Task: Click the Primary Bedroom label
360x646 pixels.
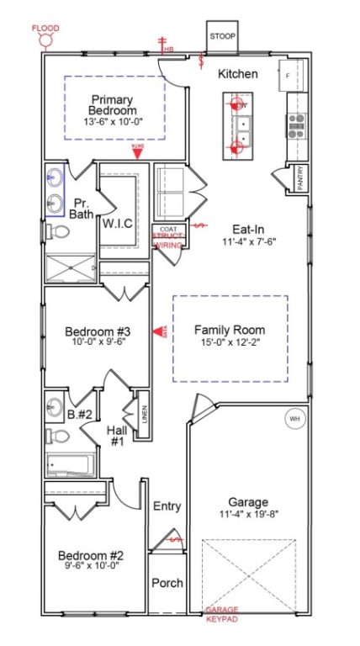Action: pos(114,104)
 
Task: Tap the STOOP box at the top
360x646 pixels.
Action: pos(224,37)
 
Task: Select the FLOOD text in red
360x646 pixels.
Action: pos(46,28)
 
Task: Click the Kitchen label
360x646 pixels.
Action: pos(238,75)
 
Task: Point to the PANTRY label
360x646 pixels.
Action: pos(299,178)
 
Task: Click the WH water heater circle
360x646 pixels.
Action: pos(294,418)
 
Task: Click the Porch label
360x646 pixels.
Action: pos(167,583)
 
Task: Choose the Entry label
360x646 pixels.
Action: pos(167,506)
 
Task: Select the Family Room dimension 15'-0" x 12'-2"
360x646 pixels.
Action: pos(230,342)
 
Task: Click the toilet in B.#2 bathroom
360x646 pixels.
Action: pos(55,437)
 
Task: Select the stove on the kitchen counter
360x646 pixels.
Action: pos(297,125)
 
